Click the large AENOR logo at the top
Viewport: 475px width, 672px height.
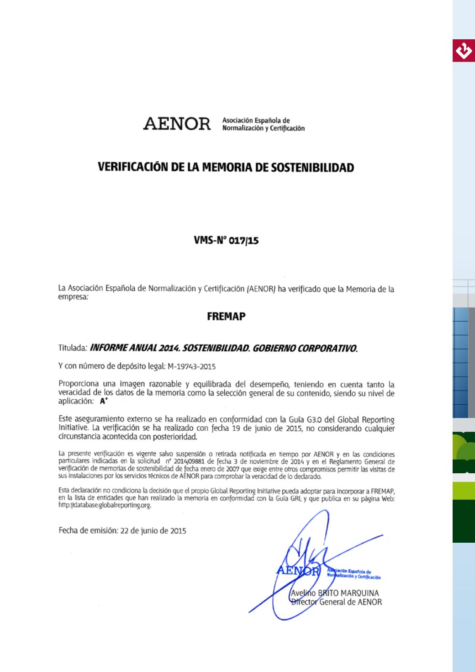(177, 124)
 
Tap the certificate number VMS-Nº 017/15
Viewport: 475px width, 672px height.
(226, 240)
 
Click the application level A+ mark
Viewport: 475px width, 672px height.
(104, 402)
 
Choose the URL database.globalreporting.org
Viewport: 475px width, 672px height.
(105, 506)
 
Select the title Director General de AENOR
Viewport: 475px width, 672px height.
(337, 602)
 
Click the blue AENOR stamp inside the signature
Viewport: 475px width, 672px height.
(297, 571)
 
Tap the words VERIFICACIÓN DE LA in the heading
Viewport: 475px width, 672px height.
(137, 168)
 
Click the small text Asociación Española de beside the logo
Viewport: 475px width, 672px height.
(256, 121)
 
